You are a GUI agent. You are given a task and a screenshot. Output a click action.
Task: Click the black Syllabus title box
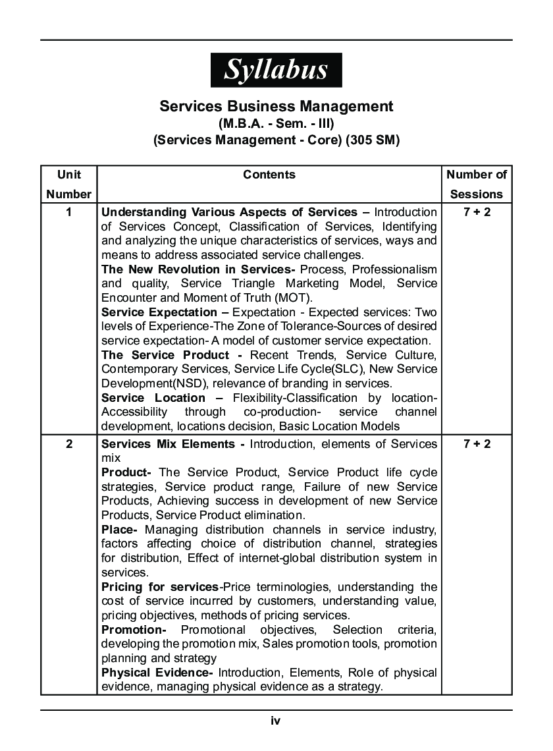276,69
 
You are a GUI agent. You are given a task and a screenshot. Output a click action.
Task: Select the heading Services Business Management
276,106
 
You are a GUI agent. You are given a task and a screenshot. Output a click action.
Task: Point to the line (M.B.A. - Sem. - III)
276,123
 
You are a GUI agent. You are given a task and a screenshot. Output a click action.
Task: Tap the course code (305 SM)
373,140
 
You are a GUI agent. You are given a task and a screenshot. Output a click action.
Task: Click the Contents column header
269,175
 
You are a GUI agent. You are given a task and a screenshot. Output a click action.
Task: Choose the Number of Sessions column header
477,184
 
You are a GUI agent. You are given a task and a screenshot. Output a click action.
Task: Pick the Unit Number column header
69,184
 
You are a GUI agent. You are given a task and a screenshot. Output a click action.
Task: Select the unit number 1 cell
69,212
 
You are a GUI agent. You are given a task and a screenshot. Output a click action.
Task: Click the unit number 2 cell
69,443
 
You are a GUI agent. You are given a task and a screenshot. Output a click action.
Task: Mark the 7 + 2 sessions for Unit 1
477,212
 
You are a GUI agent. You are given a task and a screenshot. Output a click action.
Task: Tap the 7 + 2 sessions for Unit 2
477,443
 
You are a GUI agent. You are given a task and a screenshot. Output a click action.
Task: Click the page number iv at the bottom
276,721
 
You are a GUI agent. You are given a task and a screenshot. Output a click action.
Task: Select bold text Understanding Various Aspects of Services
229,212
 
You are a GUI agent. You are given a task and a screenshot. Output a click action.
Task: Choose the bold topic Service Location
153,398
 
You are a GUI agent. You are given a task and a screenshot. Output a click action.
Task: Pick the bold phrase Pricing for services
159,587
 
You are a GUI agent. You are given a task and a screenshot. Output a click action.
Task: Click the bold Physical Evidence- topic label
157,673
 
